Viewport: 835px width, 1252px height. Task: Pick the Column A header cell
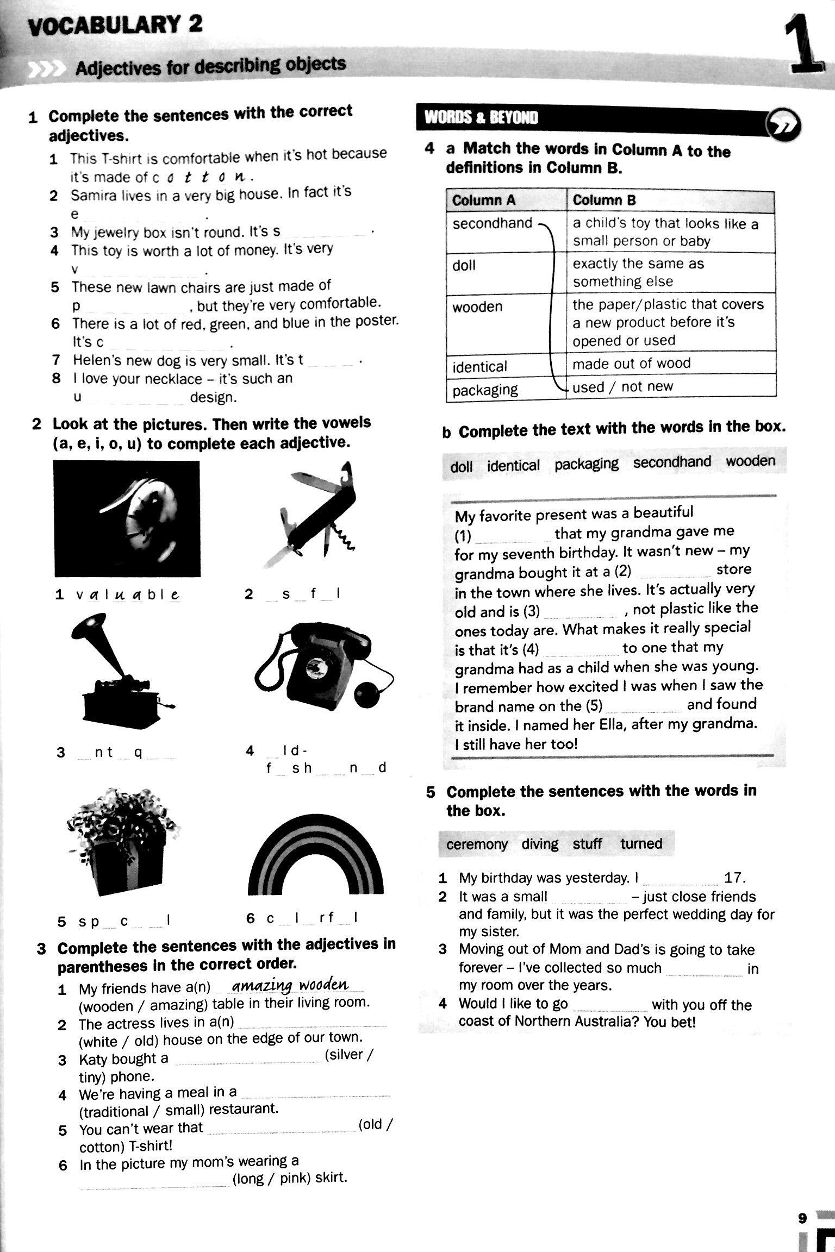(506, 201)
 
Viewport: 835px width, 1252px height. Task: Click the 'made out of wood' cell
(670, 363)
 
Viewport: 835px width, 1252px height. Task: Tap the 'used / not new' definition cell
(670, 386)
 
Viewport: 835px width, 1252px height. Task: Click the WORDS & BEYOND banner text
(481, 117)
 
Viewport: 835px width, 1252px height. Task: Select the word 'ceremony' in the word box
(477, 844)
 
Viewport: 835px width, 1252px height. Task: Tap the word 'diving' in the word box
(540, 844)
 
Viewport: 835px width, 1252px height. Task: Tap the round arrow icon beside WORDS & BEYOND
(783, 124)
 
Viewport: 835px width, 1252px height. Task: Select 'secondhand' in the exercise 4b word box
(672, 462)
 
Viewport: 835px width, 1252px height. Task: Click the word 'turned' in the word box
(641, 844)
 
